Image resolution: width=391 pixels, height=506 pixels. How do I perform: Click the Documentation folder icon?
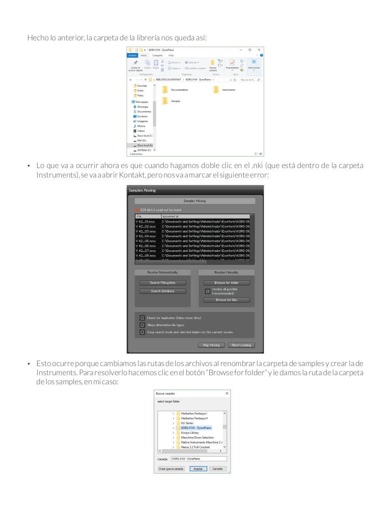click(x=165, y=90)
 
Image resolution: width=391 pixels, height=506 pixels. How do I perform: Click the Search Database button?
click(x=162, y=291)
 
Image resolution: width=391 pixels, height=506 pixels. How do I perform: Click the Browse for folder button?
click(x=226, y=283)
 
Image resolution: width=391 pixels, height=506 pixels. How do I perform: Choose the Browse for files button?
click(x=226, y=300)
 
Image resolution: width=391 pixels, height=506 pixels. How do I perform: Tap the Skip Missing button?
click(x=211, y=345)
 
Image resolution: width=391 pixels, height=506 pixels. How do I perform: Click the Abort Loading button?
click(x=241, y=345)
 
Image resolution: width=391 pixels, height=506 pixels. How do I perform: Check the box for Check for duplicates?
click(x=142, y=318)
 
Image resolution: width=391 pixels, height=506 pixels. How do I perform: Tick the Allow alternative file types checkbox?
click(x=142, y=325)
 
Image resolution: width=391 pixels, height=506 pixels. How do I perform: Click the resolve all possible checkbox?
click(x=208, y=291)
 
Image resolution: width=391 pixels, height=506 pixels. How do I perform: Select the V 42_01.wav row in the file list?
click(x=146, y=222)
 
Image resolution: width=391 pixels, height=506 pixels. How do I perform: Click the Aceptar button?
click(x=198, y=469)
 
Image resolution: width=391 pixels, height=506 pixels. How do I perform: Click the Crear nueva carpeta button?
click(x=171, y=469)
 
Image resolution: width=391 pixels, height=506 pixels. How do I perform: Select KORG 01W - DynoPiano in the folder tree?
click(x=196, y=428)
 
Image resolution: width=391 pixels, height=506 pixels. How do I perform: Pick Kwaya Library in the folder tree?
click(x=190, y=433)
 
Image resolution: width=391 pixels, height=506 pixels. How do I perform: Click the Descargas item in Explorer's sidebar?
click(x=143, y=107)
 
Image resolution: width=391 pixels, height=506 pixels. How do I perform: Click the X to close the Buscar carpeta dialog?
click(x=227, y=393)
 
